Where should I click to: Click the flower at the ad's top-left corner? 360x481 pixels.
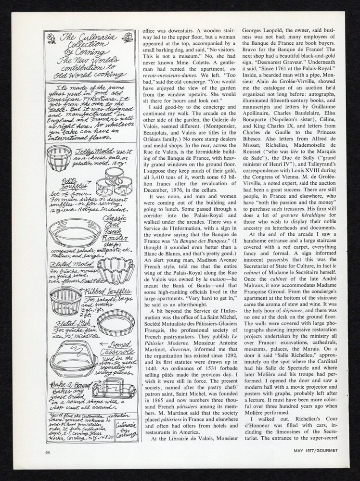(x=49, y=37)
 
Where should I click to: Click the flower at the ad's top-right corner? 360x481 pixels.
(x=128, y=36)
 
